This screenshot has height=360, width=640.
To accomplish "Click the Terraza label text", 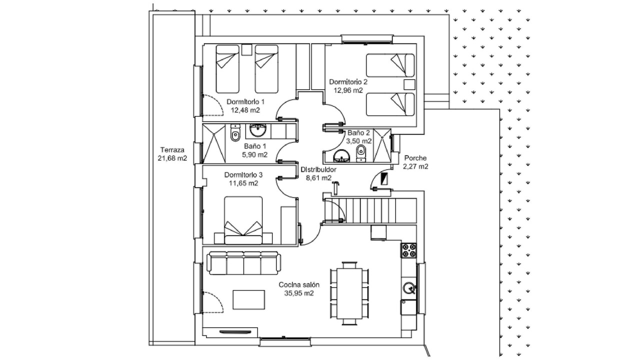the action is (172, 149).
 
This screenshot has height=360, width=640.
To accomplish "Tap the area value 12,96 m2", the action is (348, 90).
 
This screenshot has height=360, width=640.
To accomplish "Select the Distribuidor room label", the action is (318, 169).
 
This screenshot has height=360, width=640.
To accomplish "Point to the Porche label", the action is (415, 158).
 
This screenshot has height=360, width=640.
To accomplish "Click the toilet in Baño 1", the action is (235, 133).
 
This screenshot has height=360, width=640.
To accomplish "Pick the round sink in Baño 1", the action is (258, 130).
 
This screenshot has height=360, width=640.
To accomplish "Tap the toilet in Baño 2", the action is (361, 153).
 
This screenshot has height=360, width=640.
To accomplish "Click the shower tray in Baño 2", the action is (381, 145).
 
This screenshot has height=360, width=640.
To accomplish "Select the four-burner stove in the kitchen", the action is (408, 250).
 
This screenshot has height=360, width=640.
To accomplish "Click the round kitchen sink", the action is (409, 288).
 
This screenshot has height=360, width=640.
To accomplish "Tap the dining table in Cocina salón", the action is (349, 293).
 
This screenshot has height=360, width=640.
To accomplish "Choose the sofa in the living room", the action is (243, 263).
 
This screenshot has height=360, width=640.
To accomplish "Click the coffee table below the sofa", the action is (248, 299).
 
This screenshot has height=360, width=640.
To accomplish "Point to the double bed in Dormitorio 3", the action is (243, 220).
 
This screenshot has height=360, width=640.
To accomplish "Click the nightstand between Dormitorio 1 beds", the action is (246, 49).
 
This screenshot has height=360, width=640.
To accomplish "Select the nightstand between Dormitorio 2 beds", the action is (409, 85).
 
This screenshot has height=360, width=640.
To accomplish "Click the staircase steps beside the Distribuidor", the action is (381, 210).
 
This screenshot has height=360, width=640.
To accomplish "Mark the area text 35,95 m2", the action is (299, 293).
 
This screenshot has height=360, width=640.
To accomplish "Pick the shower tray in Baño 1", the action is (213, 143).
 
